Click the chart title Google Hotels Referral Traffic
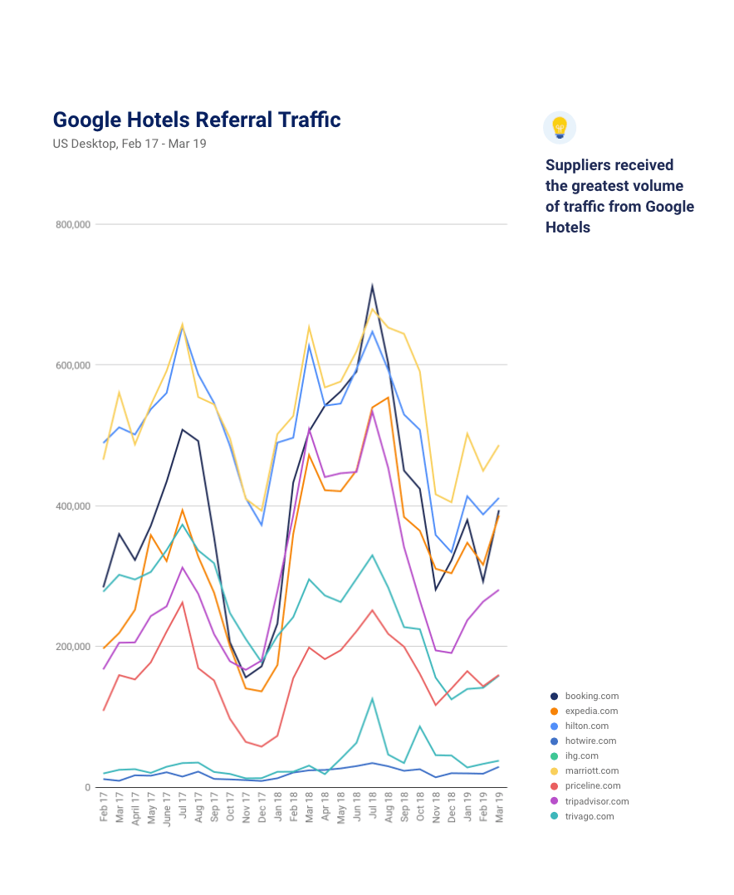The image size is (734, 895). point(197,120)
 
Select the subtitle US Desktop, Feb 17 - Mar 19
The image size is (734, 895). point(130,144)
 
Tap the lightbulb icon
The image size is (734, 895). point(560,128)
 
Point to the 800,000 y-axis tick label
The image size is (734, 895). point(74,224)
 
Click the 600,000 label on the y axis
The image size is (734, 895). point(74,365)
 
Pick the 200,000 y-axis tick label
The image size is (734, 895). point(74,647)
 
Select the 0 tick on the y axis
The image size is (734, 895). point(86,787)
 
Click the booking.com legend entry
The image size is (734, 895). point(591,696)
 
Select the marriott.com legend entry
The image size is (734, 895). point(591,770)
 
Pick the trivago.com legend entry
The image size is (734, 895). point(590,816)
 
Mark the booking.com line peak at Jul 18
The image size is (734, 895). point(372,286)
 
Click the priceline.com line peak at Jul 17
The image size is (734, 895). point(182,602)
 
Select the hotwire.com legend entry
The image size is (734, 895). point(590,741)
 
